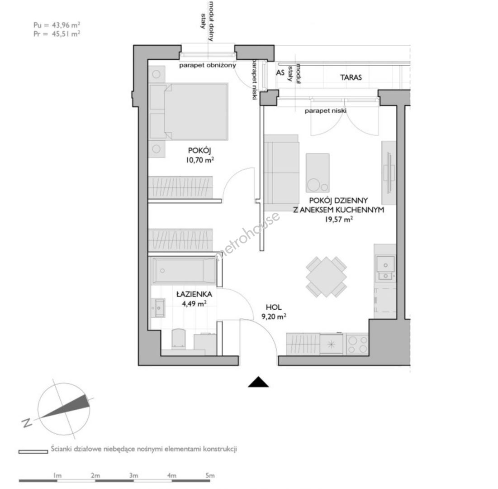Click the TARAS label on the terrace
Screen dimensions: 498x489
point(351,77)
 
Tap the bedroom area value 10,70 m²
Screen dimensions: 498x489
point(200,160)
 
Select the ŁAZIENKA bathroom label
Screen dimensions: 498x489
point(194,294)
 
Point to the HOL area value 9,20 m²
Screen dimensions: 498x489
point(274,316)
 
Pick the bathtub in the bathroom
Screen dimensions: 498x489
point(185,271)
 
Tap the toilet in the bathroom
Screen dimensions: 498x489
point(178,339)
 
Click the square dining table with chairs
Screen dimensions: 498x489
point(326,277)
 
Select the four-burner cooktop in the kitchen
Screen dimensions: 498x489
point(357,344)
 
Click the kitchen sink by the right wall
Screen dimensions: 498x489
point(385,269)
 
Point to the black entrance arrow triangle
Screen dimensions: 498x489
point(258,382)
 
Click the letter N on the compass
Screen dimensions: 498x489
point(27,423)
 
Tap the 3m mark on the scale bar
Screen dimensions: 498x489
point(133,476)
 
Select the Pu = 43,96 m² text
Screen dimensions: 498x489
point(57,25)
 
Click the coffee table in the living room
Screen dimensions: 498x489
point(318,173)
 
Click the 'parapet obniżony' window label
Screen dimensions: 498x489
point(208,66)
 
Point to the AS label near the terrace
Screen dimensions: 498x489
point(280,73)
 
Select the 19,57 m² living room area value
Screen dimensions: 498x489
point(339,220)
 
